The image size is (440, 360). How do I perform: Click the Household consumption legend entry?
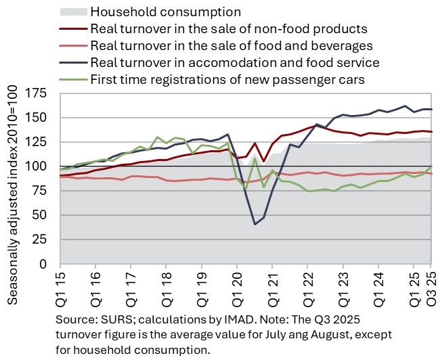pyautogui.click(x=165, y=12)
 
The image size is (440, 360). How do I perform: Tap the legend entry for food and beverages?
pyautogui.click(x=231, y=46)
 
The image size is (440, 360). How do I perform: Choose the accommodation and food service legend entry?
pyautogui.click(x=234, y=63)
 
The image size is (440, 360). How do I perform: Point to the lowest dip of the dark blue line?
pyautogui.click(x=255, y=224)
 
